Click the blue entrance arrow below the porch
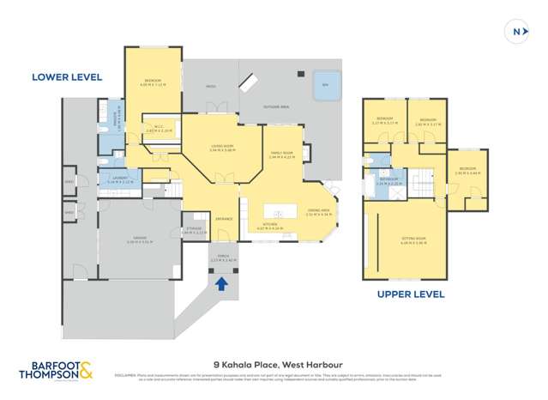pyautogui.click(x=221, y=283)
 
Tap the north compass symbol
pyautogui.click(x=517, y=32)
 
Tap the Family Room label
pyautogui.click(x=281, y=155)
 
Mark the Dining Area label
pyautogui.click(x=317, y=213)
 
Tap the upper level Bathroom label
pyautogui.click(x=389, y=181)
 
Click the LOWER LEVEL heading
pyautogui.click(x=67, y=77)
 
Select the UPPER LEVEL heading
pyautogui.click(x=411, y=294)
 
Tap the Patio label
pyautogui.click(x=210, y=87)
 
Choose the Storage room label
pyautogui.click(x=196, y=230)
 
